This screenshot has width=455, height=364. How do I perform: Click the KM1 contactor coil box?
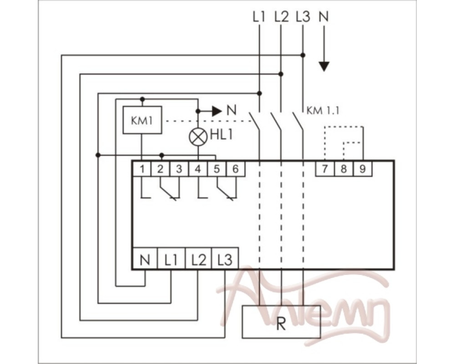pyautogui.click(x=142, y=120)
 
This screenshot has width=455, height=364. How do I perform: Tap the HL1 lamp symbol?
pyautogui.click(x=198, y=137)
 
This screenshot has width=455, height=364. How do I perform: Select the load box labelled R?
pyautogui.click(x=281, y=322)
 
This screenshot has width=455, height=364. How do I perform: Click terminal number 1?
pyautogui.click(x=142, y=169)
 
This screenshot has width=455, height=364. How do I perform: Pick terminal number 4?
pyautogui.click(x=198, y=169)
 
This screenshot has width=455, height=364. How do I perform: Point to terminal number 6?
pyautogui.click(x=235, y=169)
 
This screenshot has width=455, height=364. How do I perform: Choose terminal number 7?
pyautogui.click(x=325, y=169)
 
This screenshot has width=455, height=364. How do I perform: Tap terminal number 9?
pyautogui.click(x=363, y=169)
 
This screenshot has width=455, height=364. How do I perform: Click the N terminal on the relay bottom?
pyautogui.click(x=145, y=258)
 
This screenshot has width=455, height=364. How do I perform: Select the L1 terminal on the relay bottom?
pyautogui.click(x=171, y=258)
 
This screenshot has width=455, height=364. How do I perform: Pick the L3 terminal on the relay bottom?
pyautogui.click(x=225, y=258)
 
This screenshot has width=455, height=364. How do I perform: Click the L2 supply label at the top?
pyautogui.click(x=282, y=17)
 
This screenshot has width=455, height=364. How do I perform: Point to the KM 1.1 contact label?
pyautogui.click(x=323, y=111)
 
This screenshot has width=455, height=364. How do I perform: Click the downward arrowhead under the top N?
pyautogui.click(x=324, y=66)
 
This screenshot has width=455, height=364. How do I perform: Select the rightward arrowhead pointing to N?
pyautogui.click(x=217, y=111)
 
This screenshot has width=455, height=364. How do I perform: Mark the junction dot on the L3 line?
pyautogui.click(x=303, y=55)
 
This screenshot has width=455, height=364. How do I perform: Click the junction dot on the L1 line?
pyautogui.click(x=259, y=93)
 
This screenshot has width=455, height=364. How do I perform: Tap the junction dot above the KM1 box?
pyautogui.click(x=142, y=99)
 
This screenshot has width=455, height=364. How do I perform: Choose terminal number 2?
pyautogui.click(x=161, y=169)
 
